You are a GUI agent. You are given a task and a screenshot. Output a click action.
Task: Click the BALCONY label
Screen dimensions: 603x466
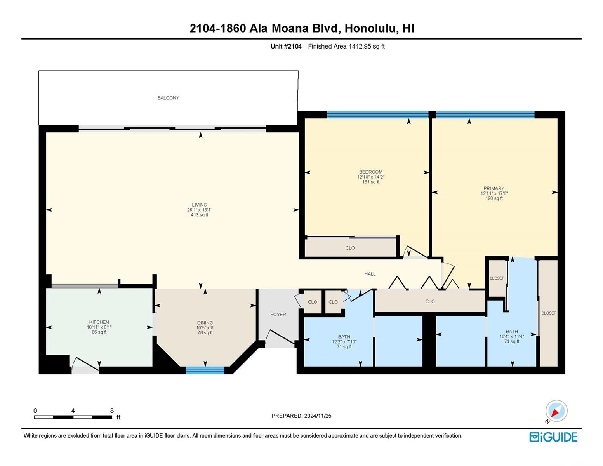(x=168, y=98)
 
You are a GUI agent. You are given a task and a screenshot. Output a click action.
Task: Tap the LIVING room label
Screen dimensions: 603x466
(x=199, y=205)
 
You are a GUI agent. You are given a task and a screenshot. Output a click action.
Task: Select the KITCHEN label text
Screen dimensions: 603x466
(x=99, y=322)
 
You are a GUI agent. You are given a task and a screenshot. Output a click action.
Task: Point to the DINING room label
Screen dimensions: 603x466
(x=205, y=323)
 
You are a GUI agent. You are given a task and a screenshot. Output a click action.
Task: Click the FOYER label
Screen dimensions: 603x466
(x=278, y=315)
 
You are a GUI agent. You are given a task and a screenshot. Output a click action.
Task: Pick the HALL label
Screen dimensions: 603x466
(x=370, y=274)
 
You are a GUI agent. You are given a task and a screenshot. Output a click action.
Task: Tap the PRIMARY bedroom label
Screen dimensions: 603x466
(x=494, y=188)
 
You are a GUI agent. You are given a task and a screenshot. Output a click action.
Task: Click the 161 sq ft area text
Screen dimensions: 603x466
(x=371, y=182)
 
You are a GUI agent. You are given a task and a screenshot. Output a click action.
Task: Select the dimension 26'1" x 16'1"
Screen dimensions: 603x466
(x=200, y=210)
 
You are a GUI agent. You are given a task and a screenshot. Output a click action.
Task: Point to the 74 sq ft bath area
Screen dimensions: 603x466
(x=512, y=341)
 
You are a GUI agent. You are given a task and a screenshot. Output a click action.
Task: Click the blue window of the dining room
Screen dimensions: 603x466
(x=205, y=370)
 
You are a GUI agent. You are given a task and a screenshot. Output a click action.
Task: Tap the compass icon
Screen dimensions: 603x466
(x=556, y=411)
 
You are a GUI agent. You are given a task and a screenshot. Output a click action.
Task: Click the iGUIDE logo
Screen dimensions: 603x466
(x=553, y=437)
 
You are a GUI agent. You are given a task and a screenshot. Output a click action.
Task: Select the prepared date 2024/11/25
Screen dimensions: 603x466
(x=318, y=416)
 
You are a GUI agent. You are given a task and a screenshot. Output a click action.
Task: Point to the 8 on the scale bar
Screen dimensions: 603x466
(x=112, y=410)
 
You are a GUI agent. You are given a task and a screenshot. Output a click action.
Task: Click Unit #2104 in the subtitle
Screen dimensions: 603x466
(x=286, y=46)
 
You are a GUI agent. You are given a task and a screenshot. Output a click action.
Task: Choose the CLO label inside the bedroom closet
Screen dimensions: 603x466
(x=350, y=248)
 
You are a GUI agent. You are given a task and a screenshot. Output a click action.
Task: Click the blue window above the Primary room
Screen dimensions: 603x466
(x=485, y=115)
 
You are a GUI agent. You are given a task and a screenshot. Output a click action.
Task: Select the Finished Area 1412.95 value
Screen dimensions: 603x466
(x=360, y=46)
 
